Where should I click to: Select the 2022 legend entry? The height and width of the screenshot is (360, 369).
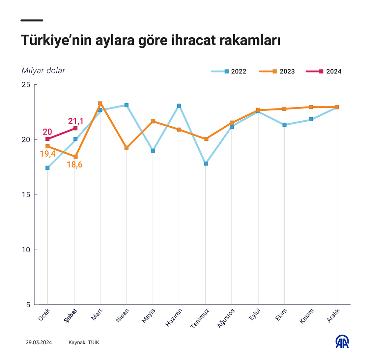[229, 71]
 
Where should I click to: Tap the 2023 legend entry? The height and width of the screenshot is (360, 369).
[277, 71]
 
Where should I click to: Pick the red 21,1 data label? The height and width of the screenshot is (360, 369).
[76, 121]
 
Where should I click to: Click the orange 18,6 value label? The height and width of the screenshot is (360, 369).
[74, 165]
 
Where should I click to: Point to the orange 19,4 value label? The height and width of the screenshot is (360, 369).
[47, 154]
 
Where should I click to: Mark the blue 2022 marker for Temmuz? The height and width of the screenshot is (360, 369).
[206, 164]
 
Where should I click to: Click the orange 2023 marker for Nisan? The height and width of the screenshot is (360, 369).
[127, 148]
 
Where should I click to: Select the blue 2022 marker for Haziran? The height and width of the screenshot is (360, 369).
[179, 106]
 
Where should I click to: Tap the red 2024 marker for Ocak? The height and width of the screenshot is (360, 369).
[48, 139]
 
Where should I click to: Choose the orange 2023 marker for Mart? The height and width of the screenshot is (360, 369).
[100, 104]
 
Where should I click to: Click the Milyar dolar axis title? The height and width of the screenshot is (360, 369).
[43, 71]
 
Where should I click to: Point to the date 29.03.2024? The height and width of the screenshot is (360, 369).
[39, 343]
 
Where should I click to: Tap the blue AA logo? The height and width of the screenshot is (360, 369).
[342, 342]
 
